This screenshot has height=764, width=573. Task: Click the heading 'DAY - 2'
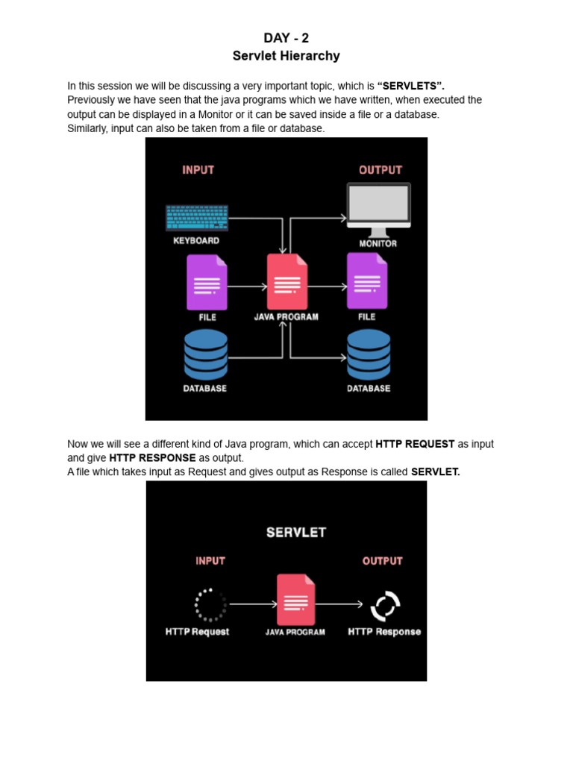(x=286, y=38)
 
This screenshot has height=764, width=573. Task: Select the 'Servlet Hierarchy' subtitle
(x=286, y=56)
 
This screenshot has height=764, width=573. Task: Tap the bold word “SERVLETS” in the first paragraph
(x=416, y=87)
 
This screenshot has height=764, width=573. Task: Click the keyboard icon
(x=197, y=218)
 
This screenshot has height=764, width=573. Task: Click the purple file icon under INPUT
(x=207, y=282)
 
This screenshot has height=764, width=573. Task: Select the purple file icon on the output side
(x=367, y=281)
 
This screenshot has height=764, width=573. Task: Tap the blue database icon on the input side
(x=206, y=354)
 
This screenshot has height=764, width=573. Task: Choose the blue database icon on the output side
(x=369, y=354)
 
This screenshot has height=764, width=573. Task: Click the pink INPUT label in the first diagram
(x=198, y=170)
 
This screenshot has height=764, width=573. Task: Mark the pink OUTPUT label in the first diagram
(x=380, y=170)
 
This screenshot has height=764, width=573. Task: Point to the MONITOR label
(x=378, y=244)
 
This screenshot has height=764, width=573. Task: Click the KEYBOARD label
(x=196, y=241)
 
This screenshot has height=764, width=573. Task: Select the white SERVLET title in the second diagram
(x=296, y=533)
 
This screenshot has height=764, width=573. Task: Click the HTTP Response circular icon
(x=386, y=605)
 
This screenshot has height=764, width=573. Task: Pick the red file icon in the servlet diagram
(x=295, y=599)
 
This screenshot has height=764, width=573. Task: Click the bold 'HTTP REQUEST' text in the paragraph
(x=415, y=444)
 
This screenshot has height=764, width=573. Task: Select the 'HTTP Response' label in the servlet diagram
(x=384, y=632)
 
